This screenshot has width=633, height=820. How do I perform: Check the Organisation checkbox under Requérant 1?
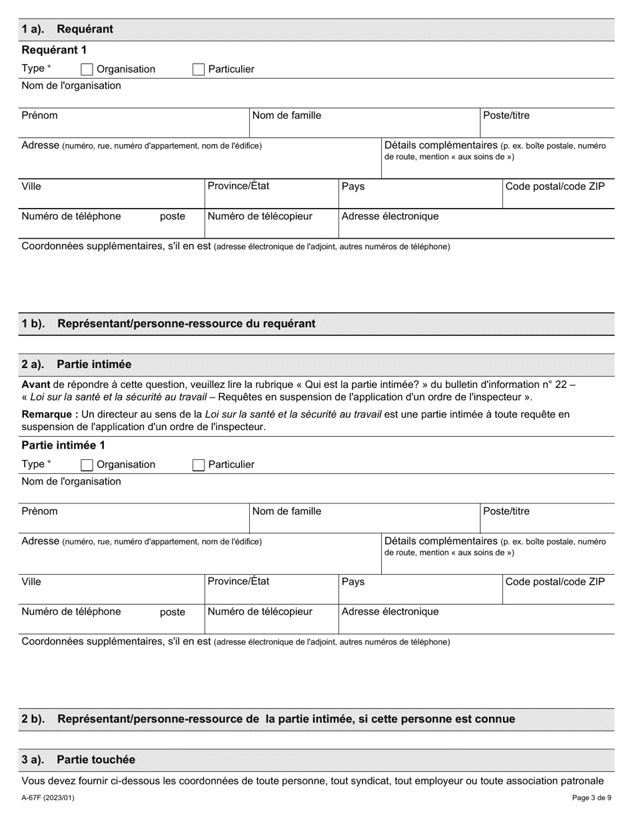[87, 69]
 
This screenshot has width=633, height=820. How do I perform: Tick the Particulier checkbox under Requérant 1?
[198, 69]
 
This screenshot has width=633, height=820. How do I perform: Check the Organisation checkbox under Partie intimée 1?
[87, 465]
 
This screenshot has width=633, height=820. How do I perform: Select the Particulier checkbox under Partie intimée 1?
[198, 465]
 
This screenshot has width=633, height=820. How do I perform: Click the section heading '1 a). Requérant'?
[67, 29]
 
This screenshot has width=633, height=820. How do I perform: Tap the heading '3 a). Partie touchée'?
[78, 759]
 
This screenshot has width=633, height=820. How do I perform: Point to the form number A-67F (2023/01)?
[48, 797]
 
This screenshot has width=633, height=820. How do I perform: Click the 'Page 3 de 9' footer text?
[589, 797]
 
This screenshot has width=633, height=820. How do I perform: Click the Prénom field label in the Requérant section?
[40, 115]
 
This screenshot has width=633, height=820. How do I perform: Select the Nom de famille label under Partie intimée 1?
[287, 511]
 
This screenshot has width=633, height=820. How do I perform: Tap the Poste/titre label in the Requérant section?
[506, 115]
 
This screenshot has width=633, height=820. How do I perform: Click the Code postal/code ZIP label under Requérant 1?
[556, 186]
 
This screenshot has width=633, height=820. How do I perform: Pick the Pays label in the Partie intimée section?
[353, 582]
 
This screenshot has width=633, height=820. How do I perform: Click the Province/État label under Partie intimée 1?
[239, 581]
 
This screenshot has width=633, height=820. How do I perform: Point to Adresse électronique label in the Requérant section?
[390, 216]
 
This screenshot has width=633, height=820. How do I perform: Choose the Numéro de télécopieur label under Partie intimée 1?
[260, 611]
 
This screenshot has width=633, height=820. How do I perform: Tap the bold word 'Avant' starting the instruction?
[36, 385]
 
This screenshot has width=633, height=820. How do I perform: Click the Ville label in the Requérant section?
[31, 186]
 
